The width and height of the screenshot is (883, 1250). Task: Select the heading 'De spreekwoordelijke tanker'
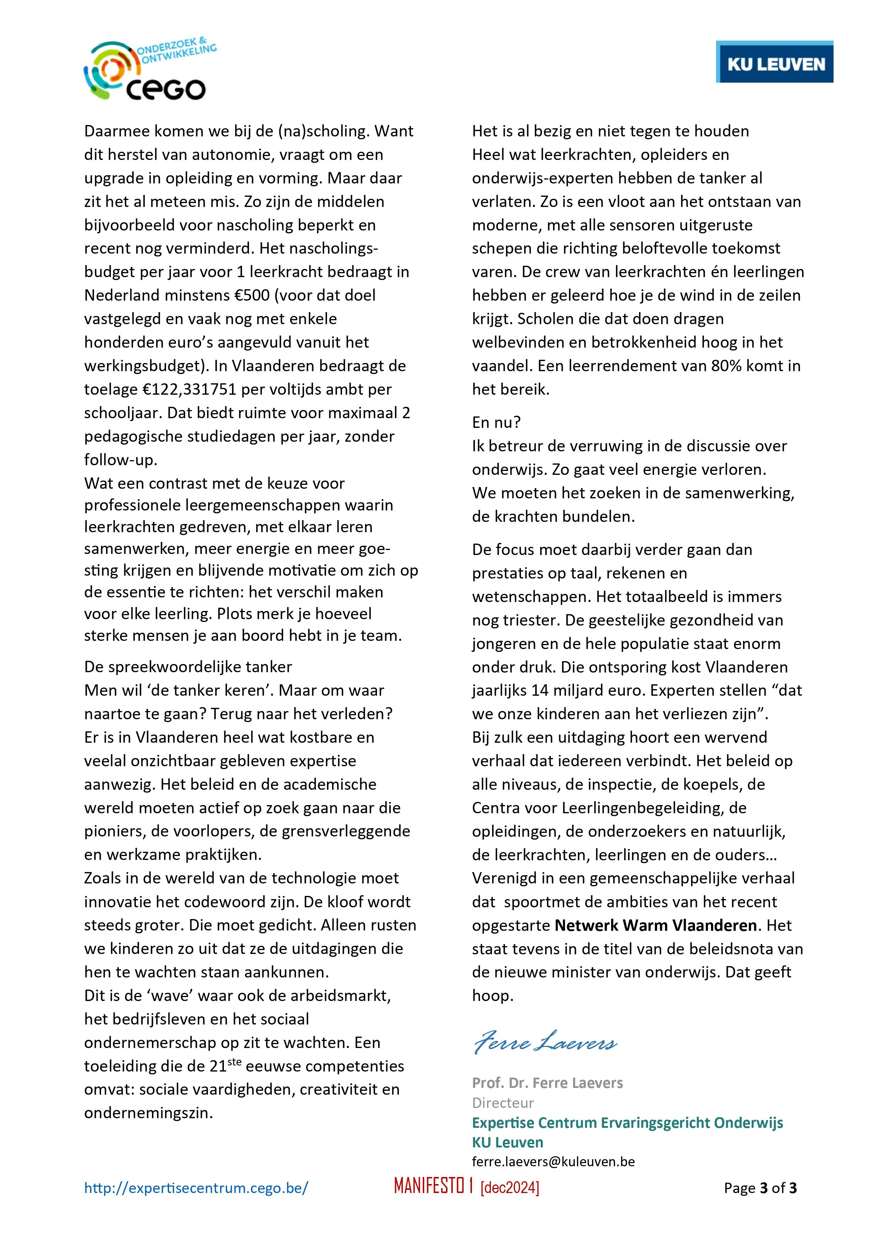(188, 667)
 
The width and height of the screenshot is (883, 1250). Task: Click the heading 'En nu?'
(496, 422)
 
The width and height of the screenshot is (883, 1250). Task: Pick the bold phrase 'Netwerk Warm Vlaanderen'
(656, 925)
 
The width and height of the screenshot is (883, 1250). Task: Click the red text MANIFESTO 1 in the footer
(433, 1187)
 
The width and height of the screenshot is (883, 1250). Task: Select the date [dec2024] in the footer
(509, 1188)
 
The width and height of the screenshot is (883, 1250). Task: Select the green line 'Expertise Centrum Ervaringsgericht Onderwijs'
(627, 1122)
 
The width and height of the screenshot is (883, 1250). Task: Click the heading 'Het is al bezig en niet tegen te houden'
(610, 131)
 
